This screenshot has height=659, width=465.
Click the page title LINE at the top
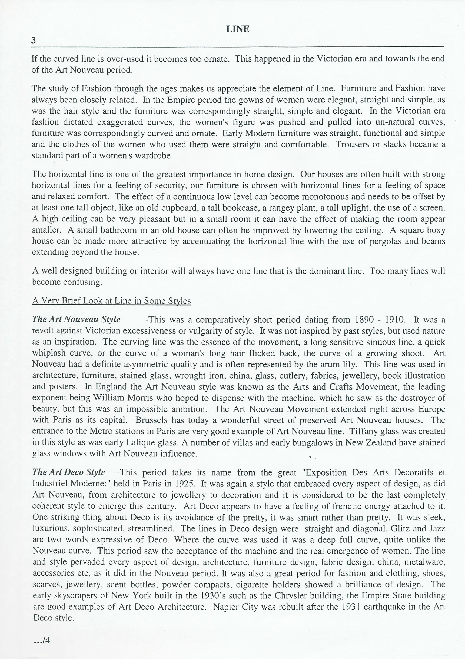(x=237, y=29)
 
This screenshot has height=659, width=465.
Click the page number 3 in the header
(x=34, y=40)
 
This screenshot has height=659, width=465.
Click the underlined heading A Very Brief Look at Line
(x=111, y=301)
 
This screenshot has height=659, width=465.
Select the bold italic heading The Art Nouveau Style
(x=76, y=319)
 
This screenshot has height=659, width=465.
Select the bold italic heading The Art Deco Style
(x=69, y=472)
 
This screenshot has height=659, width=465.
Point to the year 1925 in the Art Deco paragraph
(x=185, y=483)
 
